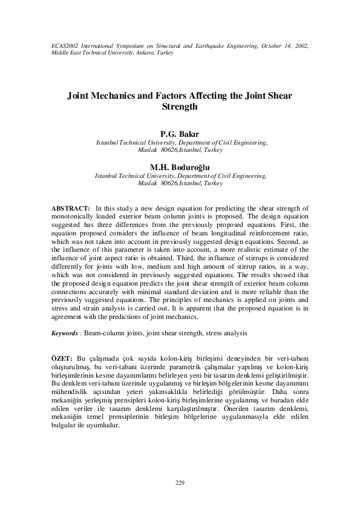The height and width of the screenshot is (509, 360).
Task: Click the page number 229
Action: (180, 482)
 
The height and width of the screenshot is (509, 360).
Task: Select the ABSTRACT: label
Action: (71, 208)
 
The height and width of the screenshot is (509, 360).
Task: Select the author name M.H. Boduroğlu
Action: (180, 168)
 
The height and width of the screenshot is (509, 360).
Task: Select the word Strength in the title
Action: (180, 107)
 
